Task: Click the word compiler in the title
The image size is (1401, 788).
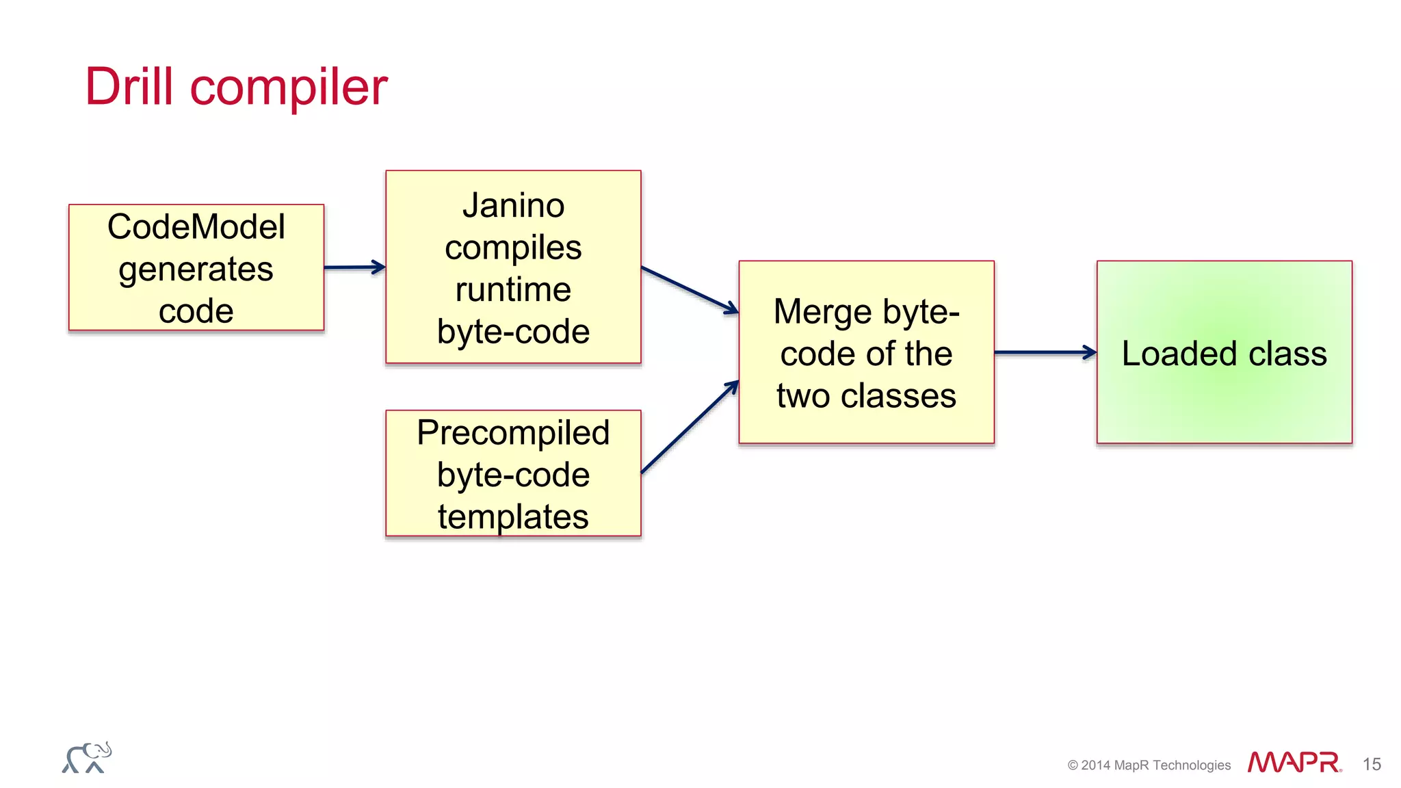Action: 288,89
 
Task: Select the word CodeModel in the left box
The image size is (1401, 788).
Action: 196,227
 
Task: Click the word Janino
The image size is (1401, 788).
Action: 513,205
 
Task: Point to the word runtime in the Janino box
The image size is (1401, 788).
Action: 513,289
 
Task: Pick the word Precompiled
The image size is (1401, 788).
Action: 513,433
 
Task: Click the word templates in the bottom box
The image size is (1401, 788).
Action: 513,516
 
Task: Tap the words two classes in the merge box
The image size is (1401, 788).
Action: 866,396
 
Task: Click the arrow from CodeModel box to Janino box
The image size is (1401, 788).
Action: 354,267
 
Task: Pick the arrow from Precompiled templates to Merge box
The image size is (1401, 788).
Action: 690,428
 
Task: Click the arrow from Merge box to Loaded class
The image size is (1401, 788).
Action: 1045,353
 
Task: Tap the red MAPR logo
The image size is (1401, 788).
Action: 1293,763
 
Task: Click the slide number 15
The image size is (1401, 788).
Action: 1371,764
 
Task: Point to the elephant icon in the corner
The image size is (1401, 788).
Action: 87,758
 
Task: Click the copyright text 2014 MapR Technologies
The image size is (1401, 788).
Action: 1149,765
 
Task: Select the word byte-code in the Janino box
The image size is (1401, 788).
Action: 513,332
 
